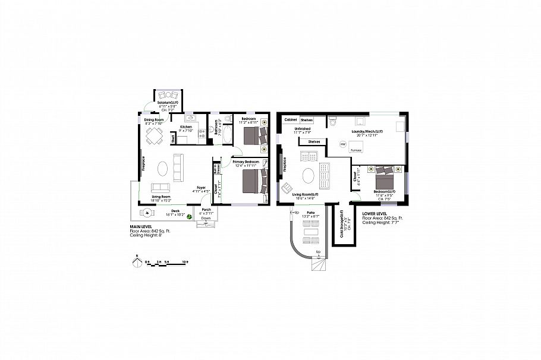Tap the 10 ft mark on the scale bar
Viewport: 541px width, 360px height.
(186, 261)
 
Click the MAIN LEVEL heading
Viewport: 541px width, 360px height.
(143, 227)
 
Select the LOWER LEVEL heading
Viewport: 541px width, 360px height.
(374, 213)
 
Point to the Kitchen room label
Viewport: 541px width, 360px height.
(186, 127)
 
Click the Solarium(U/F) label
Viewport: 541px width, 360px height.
(168, 103)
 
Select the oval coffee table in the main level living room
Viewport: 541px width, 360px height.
(163, 169)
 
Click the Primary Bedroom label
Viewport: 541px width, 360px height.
(246, 162)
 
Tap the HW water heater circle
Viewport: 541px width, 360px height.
(342, 144)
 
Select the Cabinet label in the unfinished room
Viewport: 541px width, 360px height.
(291, 119)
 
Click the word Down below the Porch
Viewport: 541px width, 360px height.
(206, 219)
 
